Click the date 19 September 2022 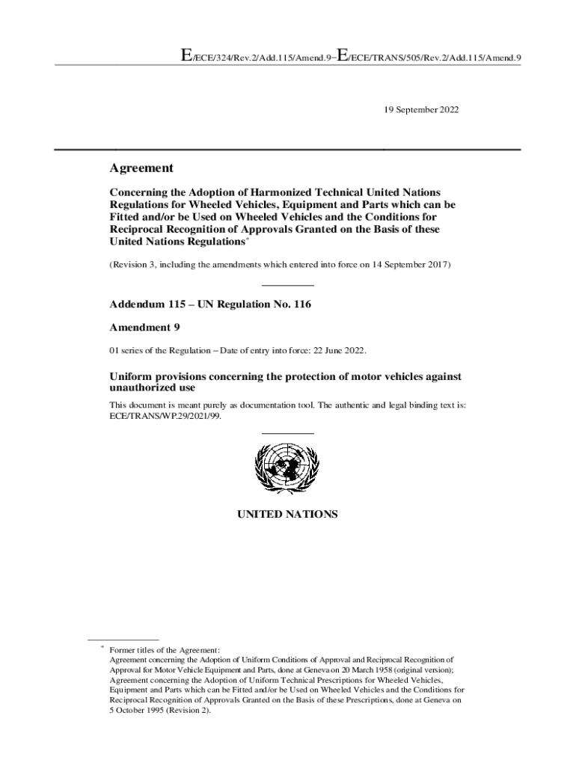(417, 110)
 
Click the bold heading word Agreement (141, 168)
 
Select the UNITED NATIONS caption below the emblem (288, 515)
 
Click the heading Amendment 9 (145, 328)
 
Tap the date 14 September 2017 (408, 265)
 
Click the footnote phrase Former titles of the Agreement (165, 650)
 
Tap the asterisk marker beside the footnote (102, 649)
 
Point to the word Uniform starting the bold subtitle (132, 376)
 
